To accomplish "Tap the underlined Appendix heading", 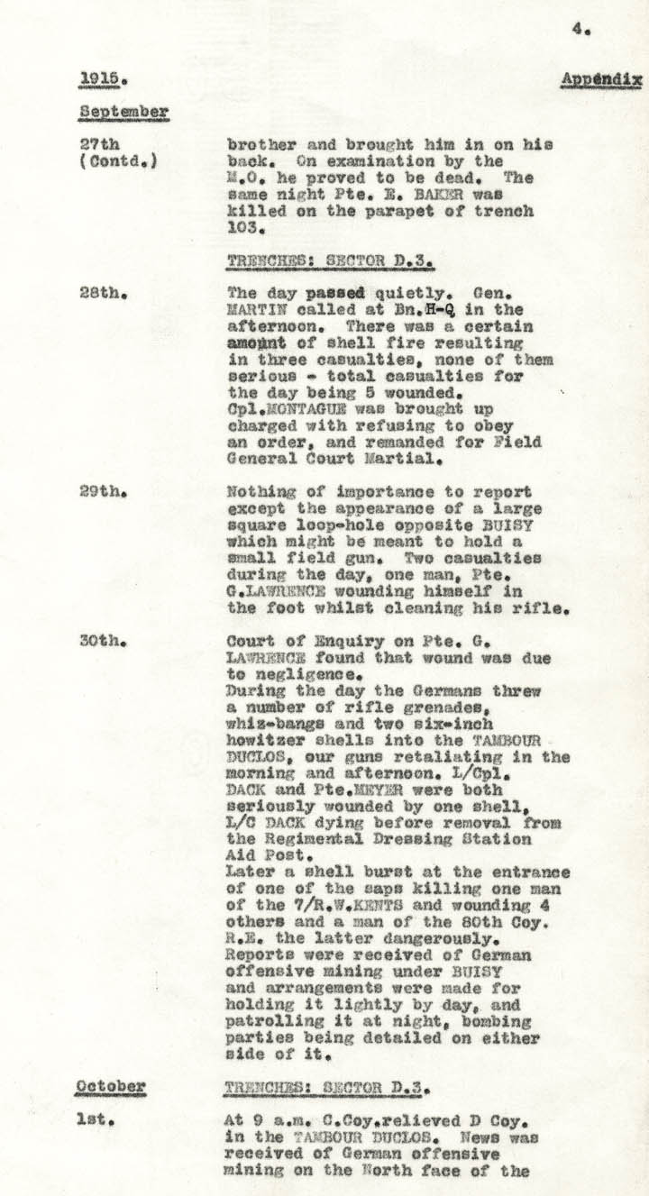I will click(601, 79).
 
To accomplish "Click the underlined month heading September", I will click(123, 112).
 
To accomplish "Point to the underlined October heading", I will click(110, 1085).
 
